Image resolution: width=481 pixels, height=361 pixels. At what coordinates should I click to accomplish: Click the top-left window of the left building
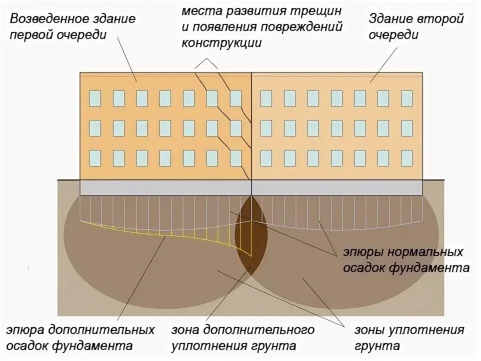[x=95, y=98]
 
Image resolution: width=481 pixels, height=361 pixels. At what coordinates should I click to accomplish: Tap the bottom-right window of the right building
[x=407, y=158]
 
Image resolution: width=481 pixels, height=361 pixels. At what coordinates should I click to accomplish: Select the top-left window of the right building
[x=266, y=98]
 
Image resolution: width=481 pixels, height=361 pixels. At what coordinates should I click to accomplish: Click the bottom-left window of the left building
[x=95, y=158]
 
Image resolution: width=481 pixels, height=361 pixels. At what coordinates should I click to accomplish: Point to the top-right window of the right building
[x=407, y=98]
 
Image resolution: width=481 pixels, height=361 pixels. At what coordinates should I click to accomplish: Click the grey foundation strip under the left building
[x=165, y=188]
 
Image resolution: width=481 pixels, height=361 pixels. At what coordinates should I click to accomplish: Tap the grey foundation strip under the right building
[x=337, y=188]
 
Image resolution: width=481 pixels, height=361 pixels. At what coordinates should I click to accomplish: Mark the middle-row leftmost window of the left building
[x=95, y=128]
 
